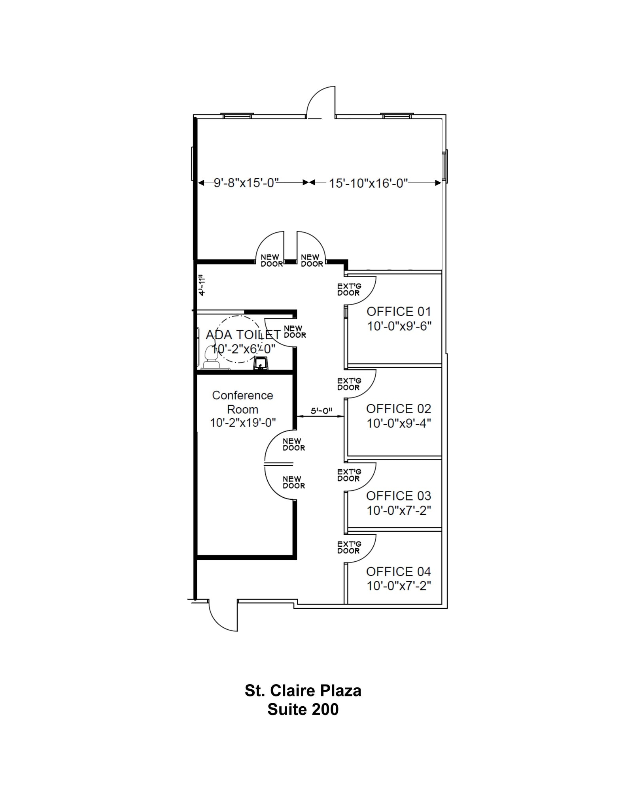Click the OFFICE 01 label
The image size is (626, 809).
pyautogui.click(x=398, y=312)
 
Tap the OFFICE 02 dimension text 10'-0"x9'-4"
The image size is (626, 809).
pyautogui.click(x=399, y=423)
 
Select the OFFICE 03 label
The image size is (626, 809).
pyautogui.click(x=398, y=496)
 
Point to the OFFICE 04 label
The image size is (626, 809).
pyautogui.click(x=398, y=572)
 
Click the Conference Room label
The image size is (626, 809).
pyautogui.click(x=242, y=402)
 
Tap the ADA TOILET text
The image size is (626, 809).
pyautogui.click(x=243, y=335)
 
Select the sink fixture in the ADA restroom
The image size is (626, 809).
pyautogui.click(x=261, y=363)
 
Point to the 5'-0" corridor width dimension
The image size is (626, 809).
pyautogui.click(x=321, y=411)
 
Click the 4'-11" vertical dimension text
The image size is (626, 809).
pyautogui.click(x=202, y=285)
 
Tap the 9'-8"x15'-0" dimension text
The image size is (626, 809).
pyautogui.click(x=246, y=183)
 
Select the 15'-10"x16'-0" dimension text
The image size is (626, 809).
pyautogui.click(x=368, y=183)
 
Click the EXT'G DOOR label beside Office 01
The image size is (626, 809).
pyautogui.click(x=349, y=290)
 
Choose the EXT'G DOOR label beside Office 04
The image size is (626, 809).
pyautogui.click(x=349, y=547)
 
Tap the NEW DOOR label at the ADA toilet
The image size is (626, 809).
pyautogui.click(x=295, y=331)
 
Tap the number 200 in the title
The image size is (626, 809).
pyautogui.click(x=325, y=709)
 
